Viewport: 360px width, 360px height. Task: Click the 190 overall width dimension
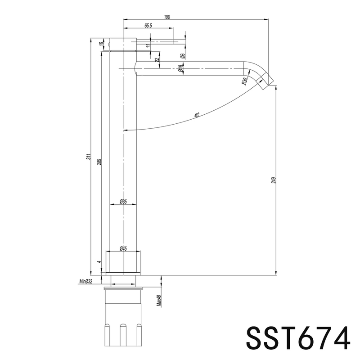click(167, 17)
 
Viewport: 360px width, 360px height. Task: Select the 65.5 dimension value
click(148, 26)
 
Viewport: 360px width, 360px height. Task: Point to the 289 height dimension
click(99, 162)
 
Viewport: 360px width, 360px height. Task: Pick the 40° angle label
click(197, 115)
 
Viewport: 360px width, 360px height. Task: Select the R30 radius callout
click(245, 81)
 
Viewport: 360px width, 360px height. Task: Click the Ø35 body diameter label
click(123, 202)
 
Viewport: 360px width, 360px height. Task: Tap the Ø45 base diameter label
click(123, 248)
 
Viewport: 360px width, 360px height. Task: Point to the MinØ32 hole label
click(85, 281)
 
